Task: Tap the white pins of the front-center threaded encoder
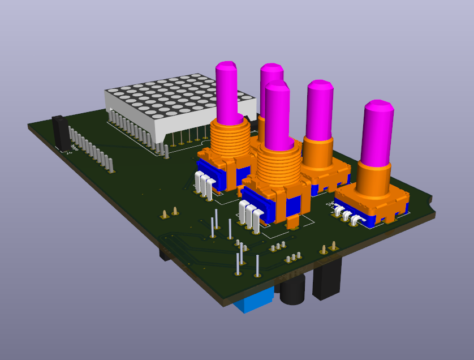251,214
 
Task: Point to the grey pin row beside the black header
91,148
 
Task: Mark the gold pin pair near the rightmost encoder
329,247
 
